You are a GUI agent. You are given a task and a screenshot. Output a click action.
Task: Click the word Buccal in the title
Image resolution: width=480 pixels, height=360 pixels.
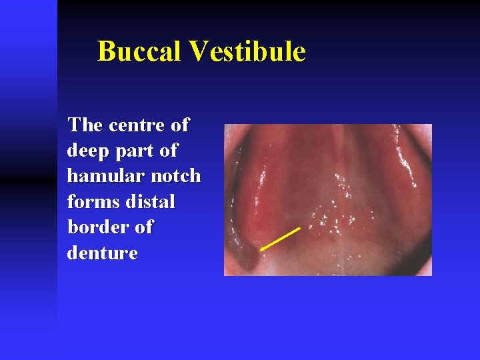click(x=139, y=51)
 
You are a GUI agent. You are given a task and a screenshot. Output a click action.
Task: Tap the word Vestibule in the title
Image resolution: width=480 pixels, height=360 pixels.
click(x=247, y=51)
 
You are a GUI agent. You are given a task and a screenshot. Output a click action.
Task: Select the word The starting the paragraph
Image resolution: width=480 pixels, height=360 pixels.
click(x=85, y=125)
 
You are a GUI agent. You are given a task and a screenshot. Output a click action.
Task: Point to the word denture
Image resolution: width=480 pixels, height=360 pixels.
click(x=102, y=253)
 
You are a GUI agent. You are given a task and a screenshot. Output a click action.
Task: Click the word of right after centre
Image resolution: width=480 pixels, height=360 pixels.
click(x=179, y=125)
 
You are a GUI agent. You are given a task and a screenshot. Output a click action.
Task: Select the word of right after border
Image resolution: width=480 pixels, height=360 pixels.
click(x=144, y=227)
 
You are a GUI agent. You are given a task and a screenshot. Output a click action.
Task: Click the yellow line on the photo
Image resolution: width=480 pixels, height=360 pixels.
click(x=280, y=239)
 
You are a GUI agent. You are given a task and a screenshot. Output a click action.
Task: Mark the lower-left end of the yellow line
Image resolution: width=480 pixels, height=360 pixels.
click(x=261, y=250)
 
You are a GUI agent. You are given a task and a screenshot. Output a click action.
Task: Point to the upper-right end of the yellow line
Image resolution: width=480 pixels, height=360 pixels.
click(x=300, y=229)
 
